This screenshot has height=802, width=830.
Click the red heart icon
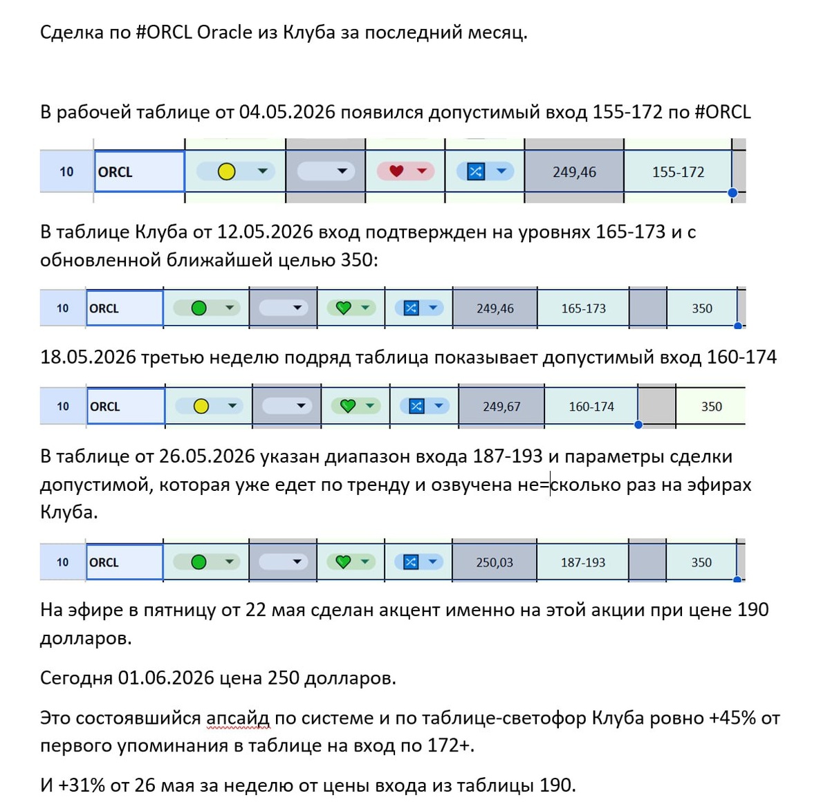coord(396,171)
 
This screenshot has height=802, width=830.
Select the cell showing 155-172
coord(677,171)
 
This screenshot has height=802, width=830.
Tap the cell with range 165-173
coord(583,308)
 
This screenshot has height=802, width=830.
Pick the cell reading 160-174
coord(591,406)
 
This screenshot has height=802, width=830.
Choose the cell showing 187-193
coord(582,562)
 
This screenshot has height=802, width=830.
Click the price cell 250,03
coord(495,562)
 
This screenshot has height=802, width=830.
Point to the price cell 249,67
coord(501,406)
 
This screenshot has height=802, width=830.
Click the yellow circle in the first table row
coord(226,171)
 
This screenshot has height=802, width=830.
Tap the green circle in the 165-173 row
coord(199,308)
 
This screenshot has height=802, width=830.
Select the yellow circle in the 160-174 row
coord(201,406)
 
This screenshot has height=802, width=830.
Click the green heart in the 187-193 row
coord(343,562)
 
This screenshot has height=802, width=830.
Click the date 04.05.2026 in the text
coord(286,112)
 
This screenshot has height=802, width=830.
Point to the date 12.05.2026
coord(266,232)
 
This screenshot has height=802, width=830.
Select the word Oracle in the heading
coord(224,32)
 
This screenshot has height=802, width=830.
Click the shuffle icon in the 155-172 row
coord(476,171)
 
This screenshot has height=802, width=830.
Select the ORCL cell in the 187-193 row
coord(124,562)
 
